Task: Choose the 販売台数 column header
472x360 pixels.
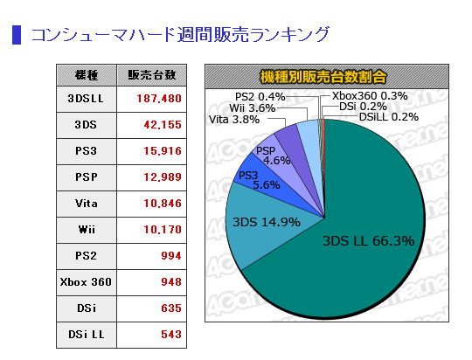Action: (x=158, y=74)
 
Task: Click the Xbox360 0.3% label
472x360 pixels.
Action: (x=370, y=96)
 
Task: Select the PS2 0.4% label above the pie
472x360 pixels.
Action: (x=261, y=96)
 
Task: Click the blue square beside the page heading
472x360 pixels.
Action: (x=16, y=35)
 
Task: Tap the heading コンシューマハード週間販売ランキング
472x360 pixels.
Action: (x=180, y=35)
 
